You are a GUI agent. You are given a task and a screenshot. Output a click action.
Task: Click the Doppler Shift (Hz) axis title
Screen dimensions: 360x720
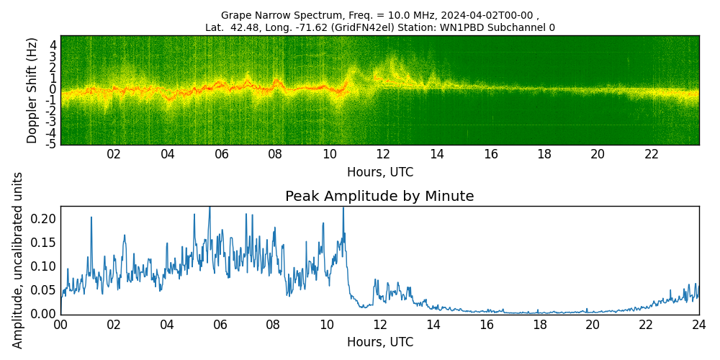[x=32, y=90]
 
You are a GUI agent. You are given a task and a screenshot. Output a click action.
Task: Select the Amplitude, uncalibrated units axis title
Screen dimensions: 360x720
[x=18, y=260]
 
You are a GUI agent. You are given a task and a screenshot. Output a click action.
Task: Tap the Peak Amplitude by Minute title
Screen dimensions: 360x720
[x=379, y=197]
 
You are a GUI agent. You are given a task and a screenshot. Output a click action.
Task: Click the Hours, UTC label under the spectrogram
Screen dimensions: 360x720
[x=379, y=173]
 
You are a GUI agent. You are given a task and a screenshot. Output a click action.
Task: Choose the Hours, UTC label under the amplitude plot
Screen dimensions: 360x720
[x=379, y=343]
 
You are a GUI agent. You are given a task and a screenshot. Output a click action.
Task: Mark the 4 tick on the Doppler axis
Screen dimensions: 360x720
[x=53, y=45]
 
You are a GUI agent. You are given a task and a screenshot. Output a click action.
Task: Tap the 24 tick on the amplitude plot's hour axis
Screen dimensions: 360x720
[x=698, y=325]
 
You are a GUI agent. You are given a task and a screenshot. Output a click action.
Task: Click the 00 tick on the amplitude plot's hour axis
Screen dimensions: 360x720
[x=60, y=325]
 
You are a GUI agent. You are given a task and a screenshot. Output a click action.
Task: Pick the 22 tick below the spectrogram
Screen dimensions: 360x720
[x=651, y=155]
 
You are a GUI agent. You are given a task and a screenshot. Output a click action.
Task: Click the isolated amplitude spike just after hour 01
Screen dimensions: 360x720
[x=91, y=218]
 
